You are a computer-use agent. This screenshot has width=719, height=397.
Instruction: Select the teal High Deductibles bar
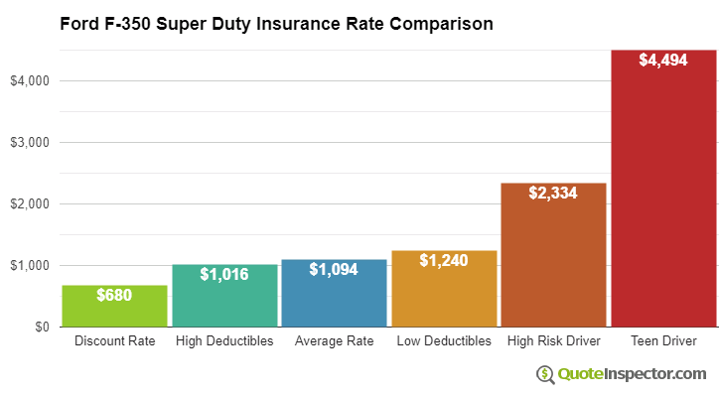pyautogui.click(x=224, y=303)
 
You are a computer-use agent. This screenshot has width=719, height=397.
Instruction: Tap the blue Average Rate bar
pyautogui.click(x=334, y=301)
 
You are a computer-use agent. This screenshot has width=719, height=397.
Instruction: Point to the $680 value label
pyautogui.click(x=115, y=295)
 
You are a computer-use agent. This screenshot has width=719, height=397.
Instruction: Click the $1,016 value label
pyautogui.click(x=224, y=274)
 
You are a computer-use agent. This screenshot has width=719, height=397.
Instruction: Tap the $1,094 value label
pyautogui.click(x=334, y=269)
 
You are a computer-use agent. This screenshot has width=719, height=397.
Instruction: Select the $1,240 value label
pyautogui.click(x=444, y=260)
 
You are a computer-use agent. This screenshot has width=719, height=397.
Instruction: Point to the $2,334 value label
pyautogui.click(x=553, y=193)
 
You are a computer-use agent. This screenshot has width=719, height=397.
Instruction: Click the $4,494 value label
pyautogui.click(x=662, y=61)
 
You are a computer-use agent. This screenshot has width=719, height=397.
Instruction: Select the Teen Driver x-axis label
pyautogui.click(x=662, y=341)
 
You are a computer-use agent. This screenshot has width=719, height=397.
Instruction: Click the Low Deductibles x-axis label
pyautogui.click(x=444, y=341)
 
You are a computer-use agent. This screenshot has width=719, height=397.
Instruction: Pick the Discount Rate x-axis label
pyautogui.click(x=115, y=341)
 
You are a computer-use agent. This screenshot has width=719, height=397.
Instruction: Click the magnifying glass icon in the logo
pyautogui.click(x=545, y=374)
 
